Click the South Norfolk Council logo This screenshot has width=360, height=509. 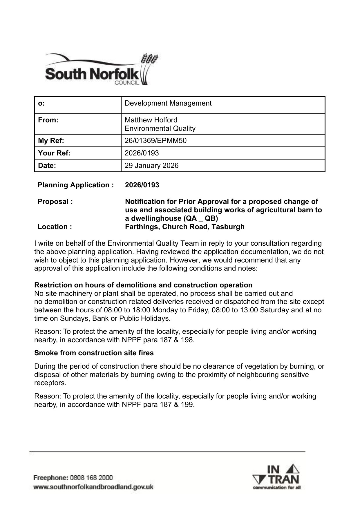(x=102, y=70)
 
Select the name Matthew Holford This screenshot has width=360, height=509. (x=151, y=120)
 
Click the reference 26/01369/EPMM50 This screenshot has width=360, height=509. (x=155, y=141)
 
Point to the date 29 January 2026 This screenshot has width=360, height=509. (x=151, y=166)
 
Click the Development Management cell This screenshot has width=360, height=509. (x=168, y=103)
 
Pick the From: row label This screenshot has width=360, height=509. (x=48, y=120)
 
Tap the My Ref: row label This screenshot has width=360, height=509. (x=51, y=141)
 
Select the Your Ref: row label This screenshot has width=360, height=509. (x=54, y=153)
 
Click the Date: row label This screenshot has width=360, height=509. (x=47, y=166)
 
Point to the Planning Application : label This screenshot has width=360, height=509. (x=75, y=185)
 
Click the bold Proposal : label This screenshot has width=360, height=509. (x=55, y=202)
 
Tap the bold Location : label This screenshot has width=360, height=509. (x=55, y=227)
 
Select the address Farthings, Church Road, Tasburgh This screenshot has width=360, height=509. (x=184, y=227)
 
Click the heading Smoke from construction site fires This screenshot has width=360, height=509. (x=94, y=353)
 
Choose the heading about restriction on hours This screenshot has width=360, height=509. (x=143, y=285)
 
